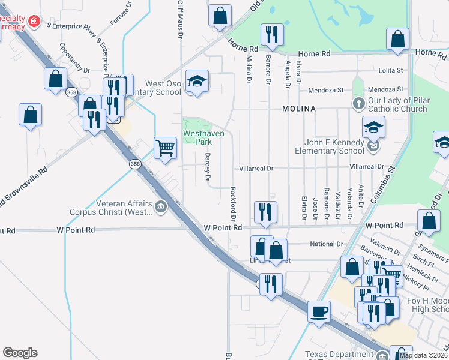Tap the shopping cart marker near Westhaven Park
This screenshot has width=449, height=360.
click(x=165, y=147)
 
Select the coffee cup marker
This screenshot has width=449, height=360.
click(x=319, y=311)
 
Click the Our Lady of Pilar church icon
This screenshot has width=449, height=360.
click(x=358, y=102)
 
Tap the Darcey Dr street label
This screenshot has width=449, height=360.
click(x=208, y=166)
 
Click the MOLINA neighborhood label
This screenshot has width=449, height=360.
click(x=300, y=109)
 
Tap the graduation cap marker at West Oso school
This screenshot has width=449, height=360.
click(x=196, y=82)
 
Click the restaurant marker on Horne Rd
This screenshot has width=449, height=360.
click(x=272, y=35)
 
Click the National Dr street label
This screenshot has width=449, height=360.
click(x=327, y=244)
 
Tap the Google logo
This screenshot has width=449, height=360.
click(x=20, y=353)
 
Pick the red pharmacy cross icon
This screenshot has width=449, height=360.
click(x=34, y=22)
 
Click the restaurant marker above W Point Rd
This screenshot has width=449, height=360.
click(x=265, y=212)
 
